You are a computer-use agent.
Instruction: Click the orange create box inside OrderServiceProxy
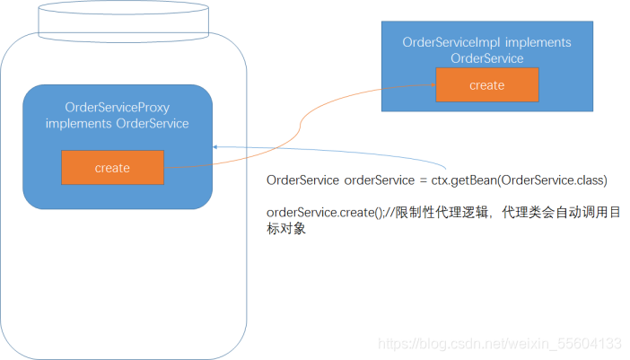click(x=112, y=168)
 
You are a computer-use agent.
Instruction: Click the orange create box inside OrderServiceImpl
click(x=486, y=85)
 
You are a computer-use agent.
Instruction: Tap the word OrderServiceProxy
click(x=117, y=107)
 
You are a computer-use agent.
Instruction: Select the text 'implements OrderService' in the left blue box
click(x=117, y=123)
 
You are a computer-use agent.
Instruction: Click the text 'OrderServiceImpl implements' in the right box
click(x=486, y=42)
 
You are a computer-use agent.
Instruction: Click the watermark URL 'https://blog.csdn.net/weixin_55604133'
click(x=499, y=344)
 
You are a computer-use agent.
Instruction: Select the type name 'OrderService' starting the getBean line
click(x=303, y=180)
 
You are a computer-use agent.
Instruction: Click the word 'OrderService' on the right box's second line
click(x=486, y=58)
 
